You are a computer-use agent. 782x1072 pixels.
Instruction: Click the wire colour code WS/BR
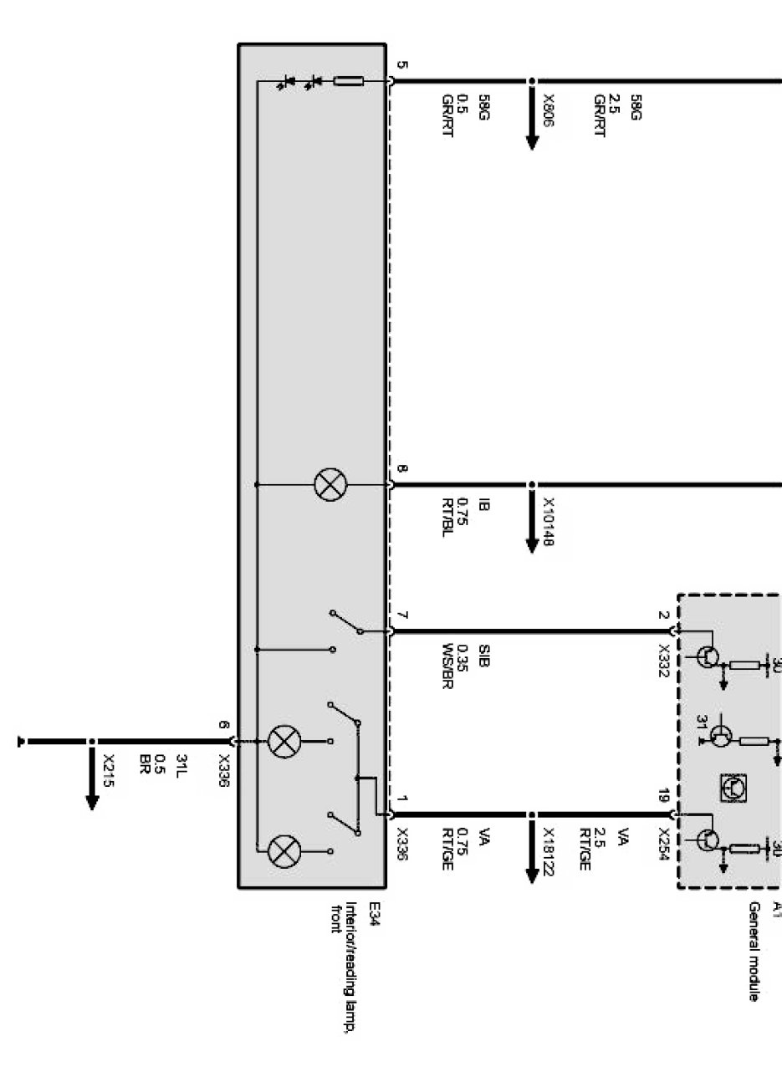448,666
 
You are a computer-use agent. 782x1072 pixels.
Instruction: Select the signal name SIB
483,655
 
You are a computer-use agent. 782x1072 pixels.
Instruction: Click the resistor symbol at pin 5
348,82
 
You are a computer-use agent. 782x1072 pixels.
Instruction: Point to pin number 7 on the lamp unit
402,616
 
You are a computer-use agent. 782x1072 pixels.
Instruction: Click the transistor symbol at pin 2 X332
706,656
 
